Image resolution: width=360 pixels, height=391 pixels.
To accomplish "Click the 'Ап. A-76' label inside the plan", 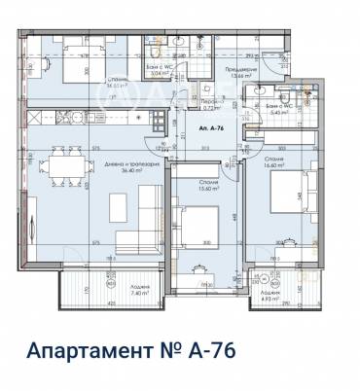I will (x=211, y=127).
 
